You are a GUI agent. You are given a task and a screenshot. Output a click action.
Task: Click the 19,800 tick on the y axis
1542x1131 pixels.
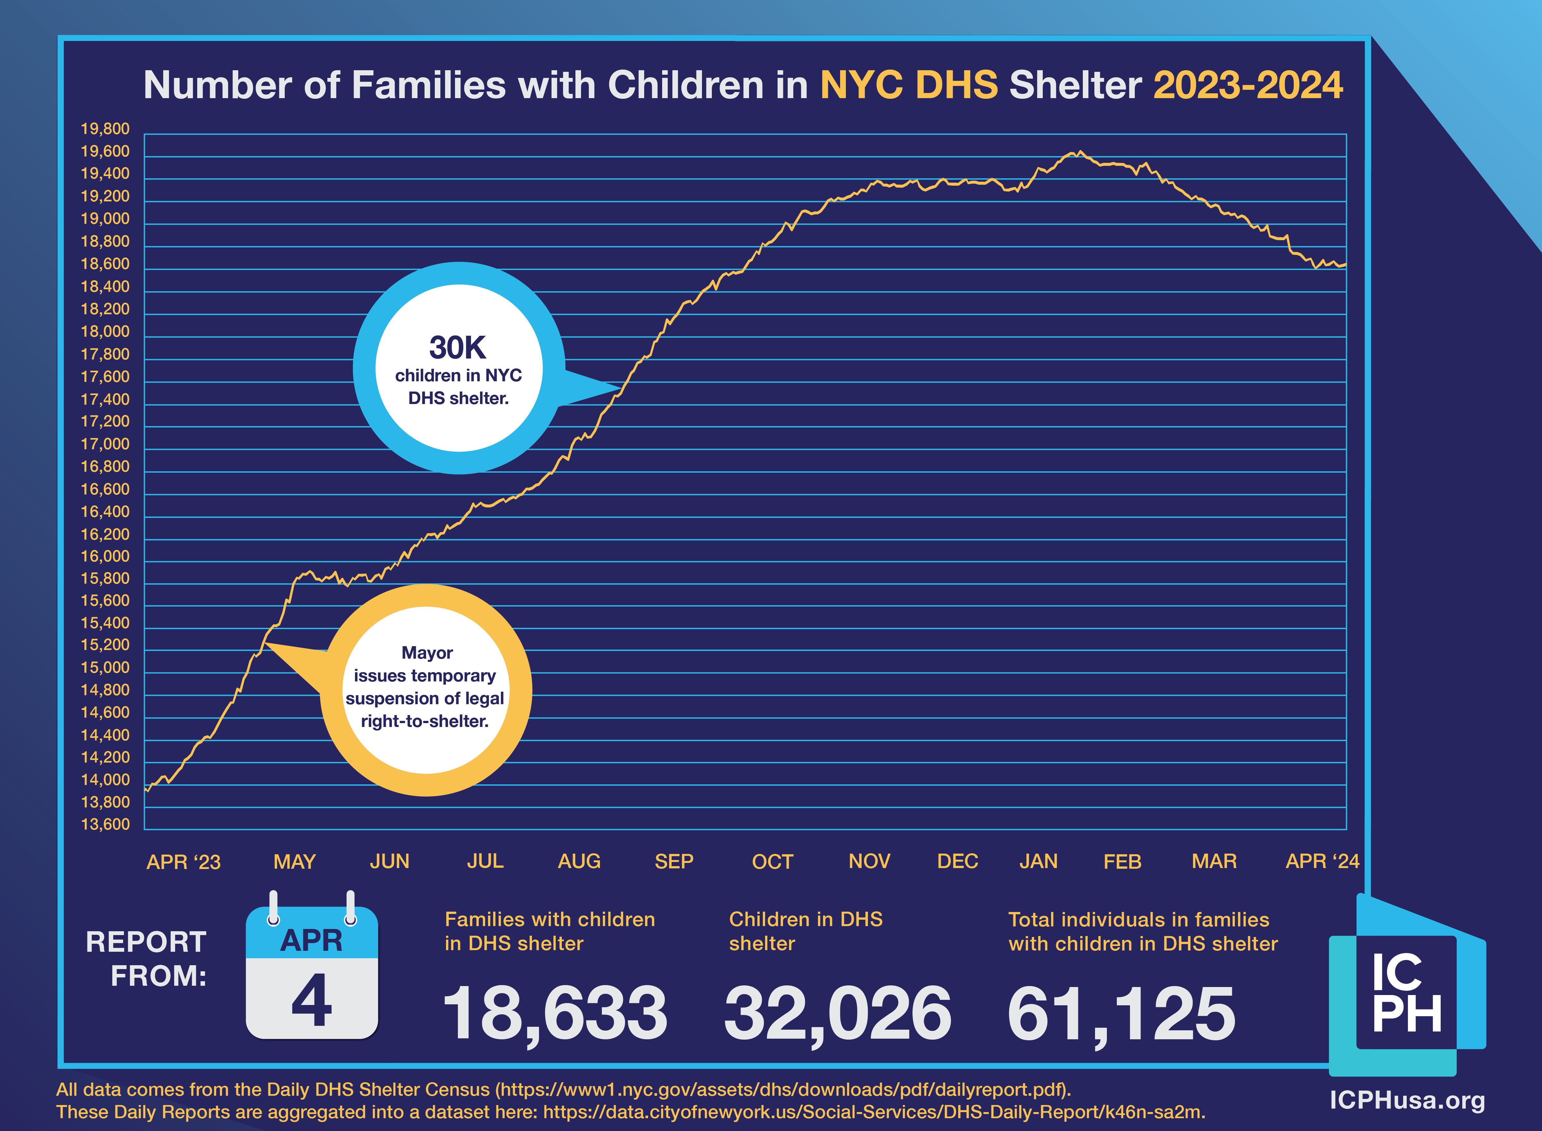tap(105, 129)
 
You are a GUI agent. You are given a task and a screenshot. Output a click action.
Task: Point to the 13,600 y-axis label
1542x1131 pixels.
tap(105, 824)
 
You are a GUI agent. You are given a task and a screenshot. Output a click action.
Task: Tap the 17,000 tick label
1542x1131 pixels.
tap(105, 444)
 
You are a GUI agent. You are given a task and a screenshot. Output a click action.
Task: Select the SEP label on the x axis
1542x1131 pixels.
tap(673, 861)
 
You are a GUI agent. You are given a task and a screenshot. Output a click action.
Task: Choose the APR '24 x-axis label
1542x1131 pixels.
tap(1322, 861)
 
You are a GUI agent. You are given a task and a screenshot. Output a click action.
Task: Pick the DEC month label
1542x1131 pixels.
tap(957, 861)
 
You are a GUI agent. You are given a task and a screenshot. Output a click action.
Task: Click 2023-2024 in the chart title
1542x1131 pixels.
tap(1248, 86)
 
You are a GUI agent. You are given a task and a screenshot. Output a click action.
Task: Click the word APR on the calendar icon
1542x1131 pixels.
tap(311, 941)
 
